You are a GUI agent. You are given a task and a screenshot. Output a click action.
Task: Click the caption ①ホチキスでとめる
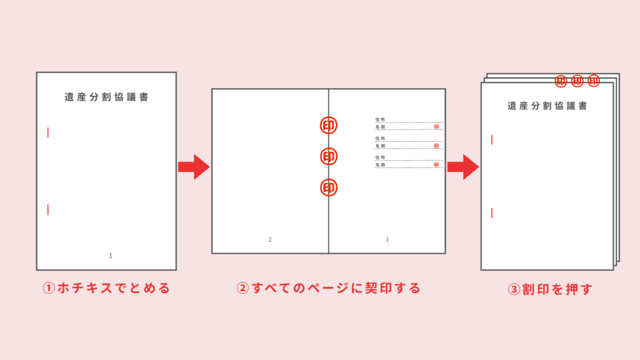[x=106, y=288]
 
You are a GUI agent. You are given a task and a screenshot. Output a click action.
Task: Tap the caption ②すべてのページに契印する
[x=329, y=288]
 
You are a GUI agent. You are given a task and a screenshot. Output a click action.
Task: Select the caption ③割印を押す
[x=550, y=289]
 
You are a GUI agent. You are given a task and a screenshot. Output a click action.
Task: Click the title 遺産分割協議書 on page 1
[x=106, y=97]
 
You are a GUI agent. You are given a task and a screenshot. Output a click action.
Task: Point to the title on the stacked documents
[x=547, y=106]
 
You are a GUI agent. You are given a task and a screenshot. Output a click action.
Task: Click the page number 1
[x=111, y=256]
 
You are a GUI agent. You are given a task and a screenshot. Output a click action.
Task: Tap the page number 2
[x=270, y=240]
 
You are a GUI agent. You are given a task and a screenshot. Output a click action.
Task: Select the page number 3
[x=387, y=240]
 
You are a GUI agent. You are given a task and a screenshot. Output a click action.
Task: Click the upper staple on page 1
[x=48, y=132]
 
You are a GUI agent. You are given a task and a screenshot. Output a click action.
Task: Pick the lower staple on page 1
[x=48, y=210]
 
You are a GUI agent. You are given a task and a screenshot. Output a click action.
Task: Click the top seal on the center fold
[x=329, y=125]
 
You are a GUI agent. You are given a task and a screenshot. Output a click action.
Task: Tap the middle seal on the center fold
[x=329, y=156]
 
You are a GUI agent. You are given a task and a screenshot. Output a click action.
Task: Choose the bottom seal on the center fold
[x=329, y=187]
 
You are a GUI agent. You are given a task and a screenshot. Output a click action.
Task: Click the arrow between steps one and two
[x=194, y=167]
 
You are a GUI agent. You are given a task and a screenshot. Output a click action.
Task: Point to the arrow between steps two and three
[x=463, y=167]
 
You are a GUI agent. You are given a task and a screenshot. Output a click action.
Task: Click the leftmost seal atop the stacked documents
[x=561, y=81]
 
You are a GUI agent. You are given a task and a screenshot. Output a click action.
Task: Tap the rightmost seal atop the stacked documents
[x=594, y=81]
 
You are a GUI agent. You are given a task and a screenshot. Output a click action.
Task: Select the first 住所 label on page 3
[x=380, y=119]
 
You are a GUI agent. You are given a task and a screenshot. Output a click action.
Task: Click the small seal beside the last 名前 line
[x=436, y=165]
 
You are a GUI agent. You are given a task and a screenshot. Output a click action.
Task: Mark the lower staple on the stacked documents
[x=492, y=213]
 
